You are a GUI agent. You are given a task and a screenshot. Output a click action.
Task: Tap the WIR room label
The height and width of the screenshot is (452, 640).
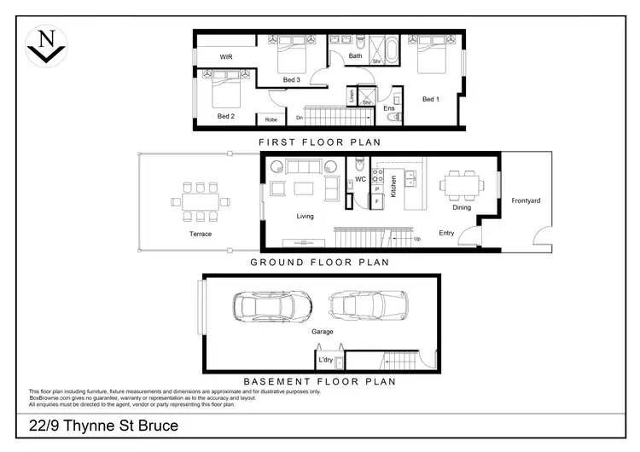click(226, 56)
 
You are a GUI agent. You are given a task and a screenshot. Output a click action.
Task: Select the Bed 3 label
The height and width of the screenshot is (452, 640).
click(291, 80)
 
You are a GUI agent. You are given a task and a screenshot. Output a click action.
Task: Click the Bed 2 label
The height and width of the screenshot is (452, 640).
click(225, 116)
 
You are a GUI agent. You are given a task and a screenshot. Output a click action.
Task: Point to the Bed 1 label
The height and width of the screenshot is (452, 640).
click(431, 99)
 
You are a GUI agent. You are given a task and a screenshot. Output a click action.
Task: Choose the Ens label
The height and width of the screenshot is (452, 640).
click(388, 109)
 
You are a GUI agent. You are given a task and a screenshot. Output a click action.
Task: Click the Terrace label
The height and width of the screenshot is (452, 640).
click(201, 234)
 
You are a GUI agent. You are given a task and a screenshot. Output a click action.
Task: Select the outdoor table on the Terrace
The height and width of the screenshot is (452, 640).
click(200, 201)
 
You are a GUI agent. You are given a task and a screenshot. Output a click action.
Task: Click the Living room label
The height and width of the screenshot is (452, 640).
click(305, 217)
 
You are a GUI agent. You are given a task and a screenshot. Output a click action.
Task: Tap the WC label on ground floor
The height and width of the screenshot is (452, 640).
click(360, 179)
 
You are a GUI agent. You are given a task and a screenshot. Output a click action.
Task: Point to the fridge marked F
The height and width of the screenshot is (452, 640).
click(377, 200)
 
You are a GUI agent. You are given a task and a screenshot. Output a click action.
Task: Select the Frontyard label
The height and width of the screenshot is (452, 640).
click(527, 200)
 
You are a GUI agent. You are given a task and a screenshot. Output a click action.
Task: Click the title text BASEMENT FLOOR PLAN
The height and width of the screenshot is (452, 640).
click(319, 381)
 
